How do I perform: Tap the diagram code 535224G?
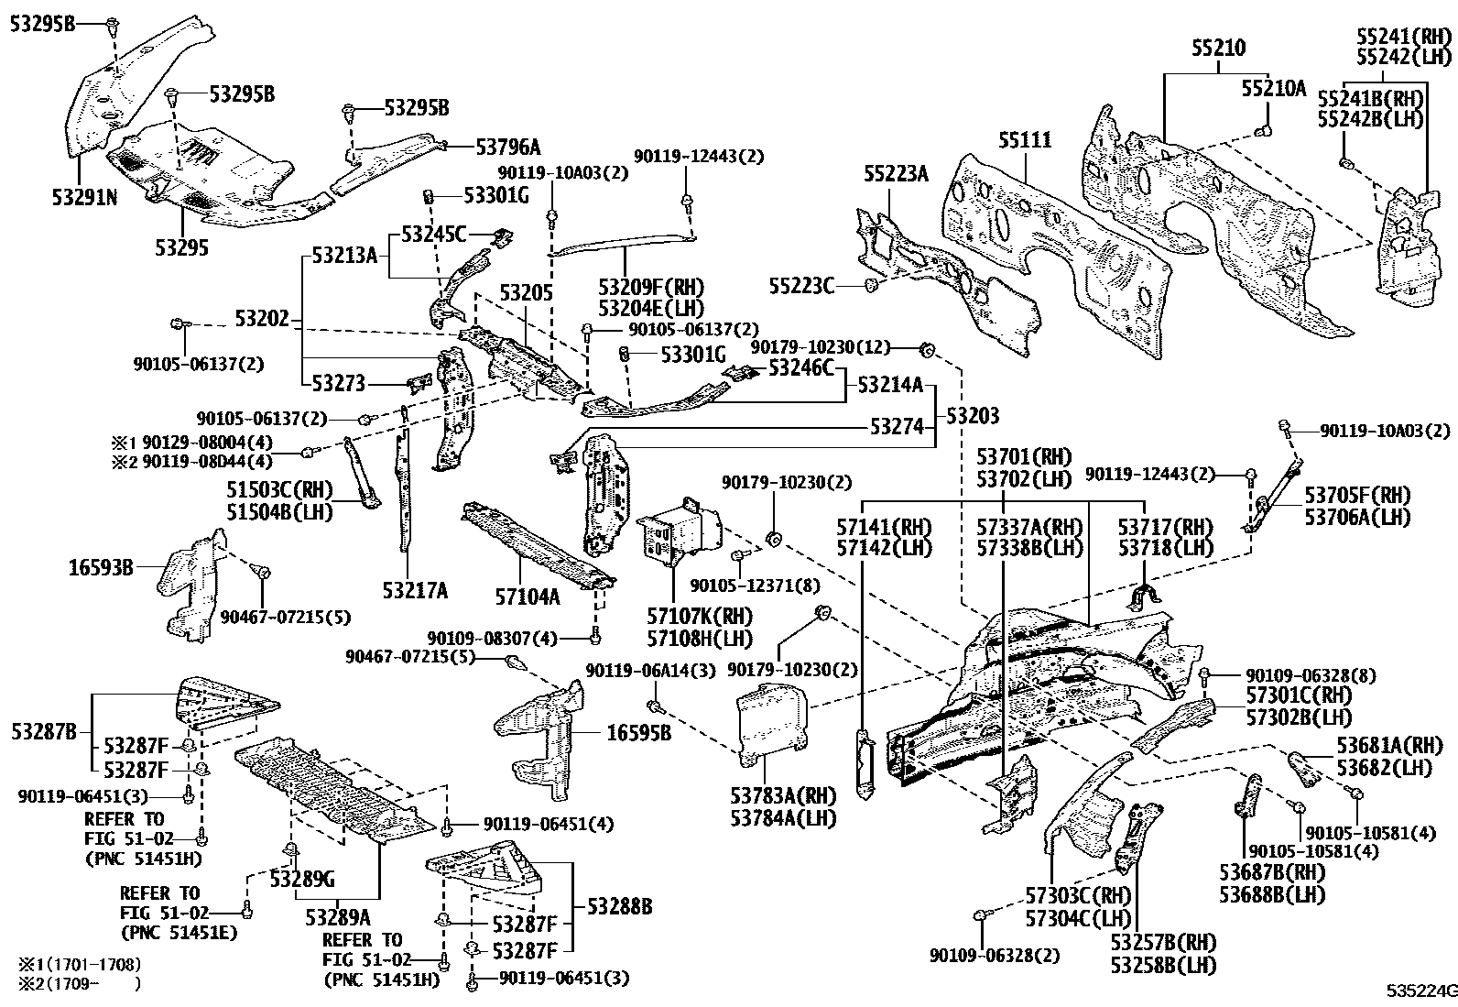[1420, 991]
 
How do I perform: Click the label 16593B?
[101, 568]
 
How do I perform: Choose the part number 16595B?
[638, 732]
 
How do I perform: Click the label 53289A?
[338, 915]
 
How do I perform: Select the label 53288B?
[619, 906]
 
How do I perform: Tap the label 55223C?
[801, 287]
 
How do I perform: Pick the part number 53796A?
[507, 146]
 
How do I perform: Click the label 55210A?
[1273, 88]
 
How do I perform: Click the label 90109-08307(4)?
[491, 637]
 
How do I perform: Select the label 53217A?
[415, 591]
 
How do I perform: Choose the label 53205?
[526, 293]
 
